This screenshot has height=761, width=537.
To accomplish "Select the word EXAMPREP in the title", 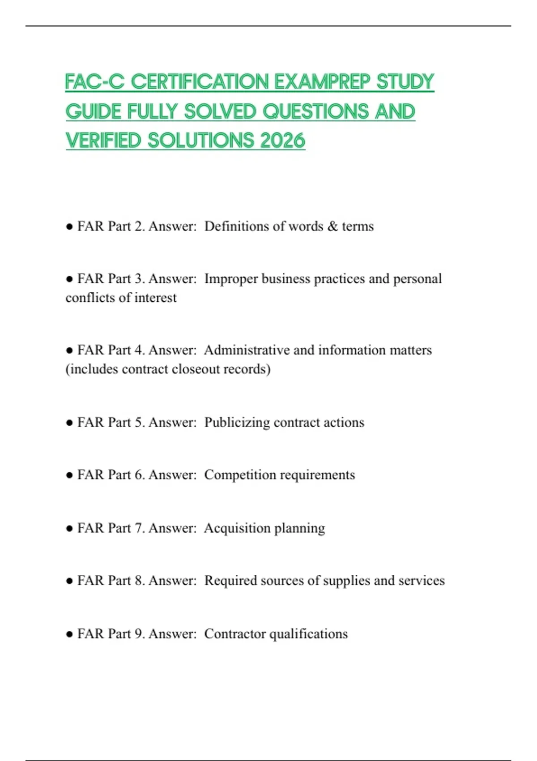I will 322,81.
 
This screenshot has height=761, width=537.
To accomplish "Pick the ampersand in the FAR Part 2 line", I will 332,226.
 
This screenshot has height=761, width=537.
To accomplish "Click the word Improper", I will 231,278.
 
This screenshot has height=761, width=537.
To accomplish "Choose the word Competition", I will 240,475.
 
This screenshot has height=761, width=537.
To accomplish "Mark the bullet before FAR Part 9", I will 69,634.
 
